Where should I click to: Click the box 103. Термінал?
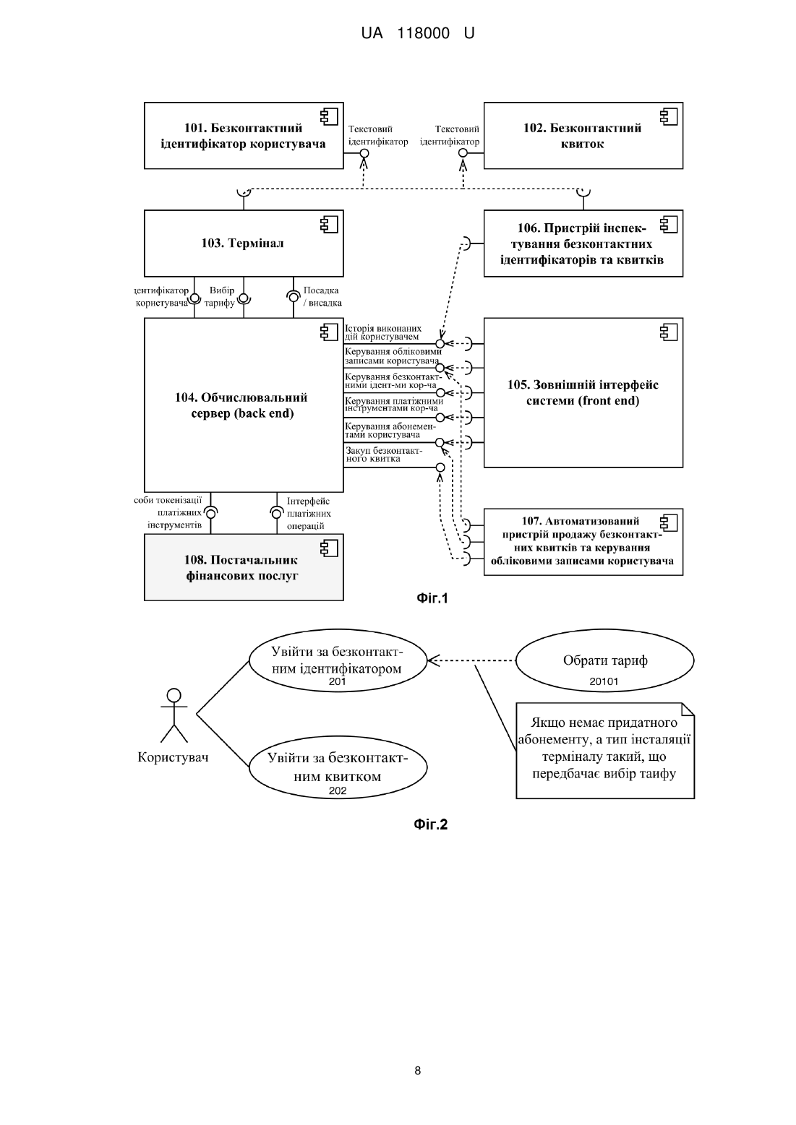pos(244,243)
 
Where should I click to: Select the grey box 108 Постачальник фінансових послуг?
pos(244,567)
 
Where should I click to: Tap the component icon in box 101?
pos(330,116)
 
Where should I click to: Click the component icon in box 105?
pos(669,332)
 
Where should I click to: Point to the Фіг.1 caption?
pos(432,598)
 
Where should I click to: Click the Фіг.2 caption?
pos(431,824)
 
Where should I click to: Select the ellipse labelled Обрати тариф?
pos(605,660)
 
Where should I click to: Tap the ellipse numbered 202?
pos(338,767)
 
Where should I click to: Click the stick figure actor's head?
pos(174,695)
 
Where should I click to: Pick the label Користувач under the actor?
pos(173,757)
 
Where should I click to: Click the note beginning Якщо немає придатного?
pos(605,750)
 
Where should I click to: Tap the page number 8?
pos(418,1070)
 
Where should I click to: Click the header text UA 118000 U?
pos(418,33)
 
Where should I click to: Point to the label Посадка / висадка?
pos(322,296)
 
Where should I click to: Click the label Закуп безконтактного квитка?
pos(384,454)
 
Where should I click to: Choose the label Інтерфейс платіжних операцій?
pos(309,513)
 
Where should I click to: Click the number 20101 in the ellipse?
pos(604,681)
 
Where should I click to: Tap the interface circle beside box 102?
pos(463,152)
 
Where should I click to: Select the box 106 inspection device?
pos(583,243)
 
